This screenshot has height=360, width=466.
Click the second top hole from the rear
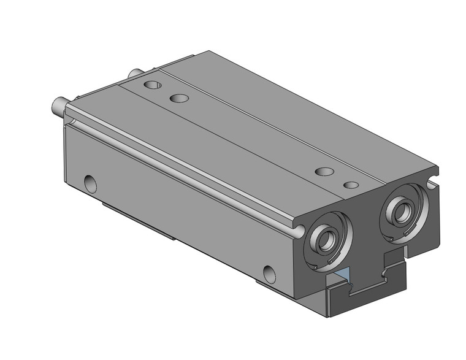(179, 98)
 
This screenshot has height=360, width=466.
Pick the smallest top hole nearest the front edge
(351, 184)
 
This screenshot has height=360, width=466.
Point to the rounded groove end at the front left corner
(299, 231)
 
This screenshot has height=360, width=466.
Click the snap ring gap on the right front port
(391, 236)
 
